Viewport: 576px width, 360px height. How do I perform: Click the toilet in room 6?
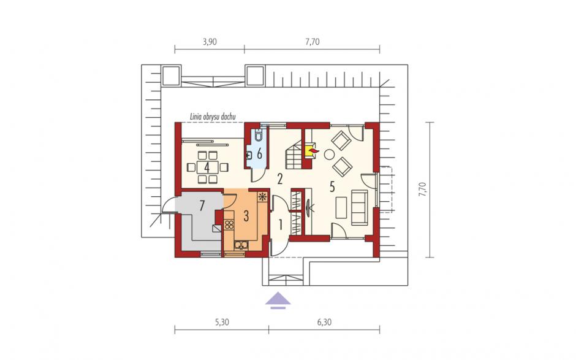tap(258, 136)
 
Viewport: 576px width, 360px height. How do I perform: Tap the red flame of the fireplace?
tap(313, 150)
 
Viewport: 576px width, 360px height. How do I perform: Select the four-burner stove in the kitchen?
tap(229, 224)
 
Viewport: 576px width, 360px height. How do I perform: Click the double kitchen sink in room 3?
tap(241, 245)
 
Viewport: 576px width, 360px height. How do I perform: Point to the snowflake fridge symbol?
tap(262, 196)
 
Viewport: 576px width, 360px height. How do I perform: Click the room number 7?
tap(202, 205)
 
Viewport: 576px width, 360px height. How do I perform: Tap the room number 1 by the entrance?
tap(280, 224)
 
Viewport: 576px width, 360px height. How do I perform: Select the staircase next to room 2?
tap(293, 155)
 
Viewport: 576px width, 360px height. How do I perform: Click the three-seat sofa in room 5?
tap(359, 207)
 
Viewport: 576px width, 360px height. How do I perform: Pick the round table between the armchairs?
tap(329, 155)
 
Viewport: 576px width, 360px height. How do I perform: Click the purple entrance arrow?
tap(278, 300)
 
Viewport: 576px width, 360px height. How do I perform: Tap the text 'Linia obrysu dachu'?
tap(213, 117)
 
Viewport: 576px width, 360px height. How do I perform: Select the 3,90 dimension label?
tap(210, 42)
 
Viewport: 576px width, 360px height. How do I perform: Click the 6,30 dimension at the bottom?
tap(324, 322)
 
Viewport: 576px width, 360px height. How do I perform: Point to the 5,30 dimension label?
tap(221, 322)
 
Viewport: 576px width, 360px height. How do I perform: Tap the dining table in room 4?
tap(207, 167)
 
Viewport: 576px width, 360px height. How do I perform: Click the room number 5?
tap(332, 187)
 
